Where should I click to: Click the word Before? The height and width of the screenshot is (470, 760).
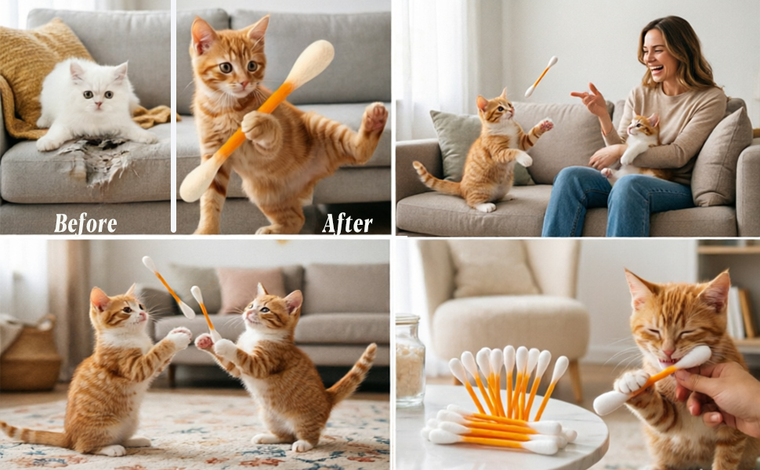pos(85,223)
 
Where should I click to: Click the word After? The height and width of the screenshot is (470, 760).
pos(348,223)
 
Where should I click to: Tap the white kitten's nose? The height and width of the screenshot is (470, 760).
pos(99,104)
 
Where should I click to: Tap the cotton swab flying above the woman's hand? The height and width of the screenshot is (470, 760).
pos(541,76)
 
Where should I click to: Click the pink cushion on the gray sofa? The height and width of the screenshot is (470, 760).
pos(251,291)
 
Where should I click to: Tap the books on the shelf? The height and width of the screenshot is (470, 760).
pos(741,313)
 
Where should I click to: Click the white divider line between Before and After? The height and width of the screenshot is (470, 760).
pos(173,116)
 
